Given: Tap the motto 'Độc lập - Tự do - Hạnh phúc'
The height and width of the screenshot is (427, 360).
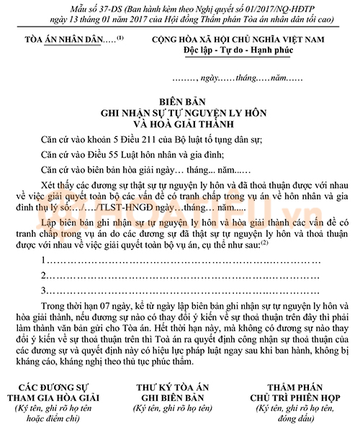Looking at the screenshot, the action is pos(243,48).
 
